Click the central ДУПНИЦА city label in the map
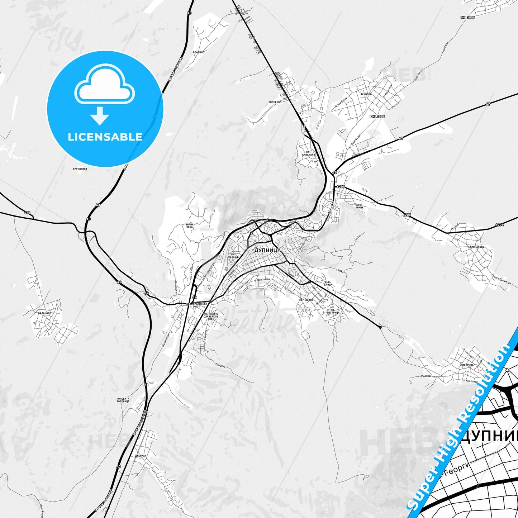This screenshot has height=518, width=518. click(x=267, y=250)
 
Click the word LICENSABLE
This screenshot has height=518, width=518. click(x=105, y=137)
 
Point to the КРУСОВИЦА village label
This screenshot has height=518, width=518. click(x=80, y=168)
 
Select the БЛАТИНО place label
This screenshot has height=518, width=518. click(x=198, y=52)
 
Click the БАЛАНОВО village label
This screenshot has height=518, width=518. click(x=44, y=313)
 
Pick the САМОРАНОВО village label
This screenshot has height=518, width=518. click(x=476, y=247)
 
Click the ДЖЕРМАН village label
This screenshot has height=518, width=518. click(x=141, y=456)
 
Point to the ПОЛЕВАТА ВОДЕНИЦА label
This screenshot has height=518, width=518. click(x=123, y=400)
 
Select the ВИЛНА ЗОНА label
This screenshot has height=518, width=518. click(x=190, y=225)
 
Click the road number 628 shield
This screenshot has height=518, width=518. click(x=27, y=213)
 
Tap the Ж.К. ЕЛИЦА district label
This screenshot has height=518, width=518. click(x=328, y=284)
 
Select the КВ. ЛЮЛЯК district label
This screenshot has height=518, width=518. click(x=306, y=300)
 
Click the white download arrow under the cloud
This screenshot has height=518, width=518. click(x=100, y=115)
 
